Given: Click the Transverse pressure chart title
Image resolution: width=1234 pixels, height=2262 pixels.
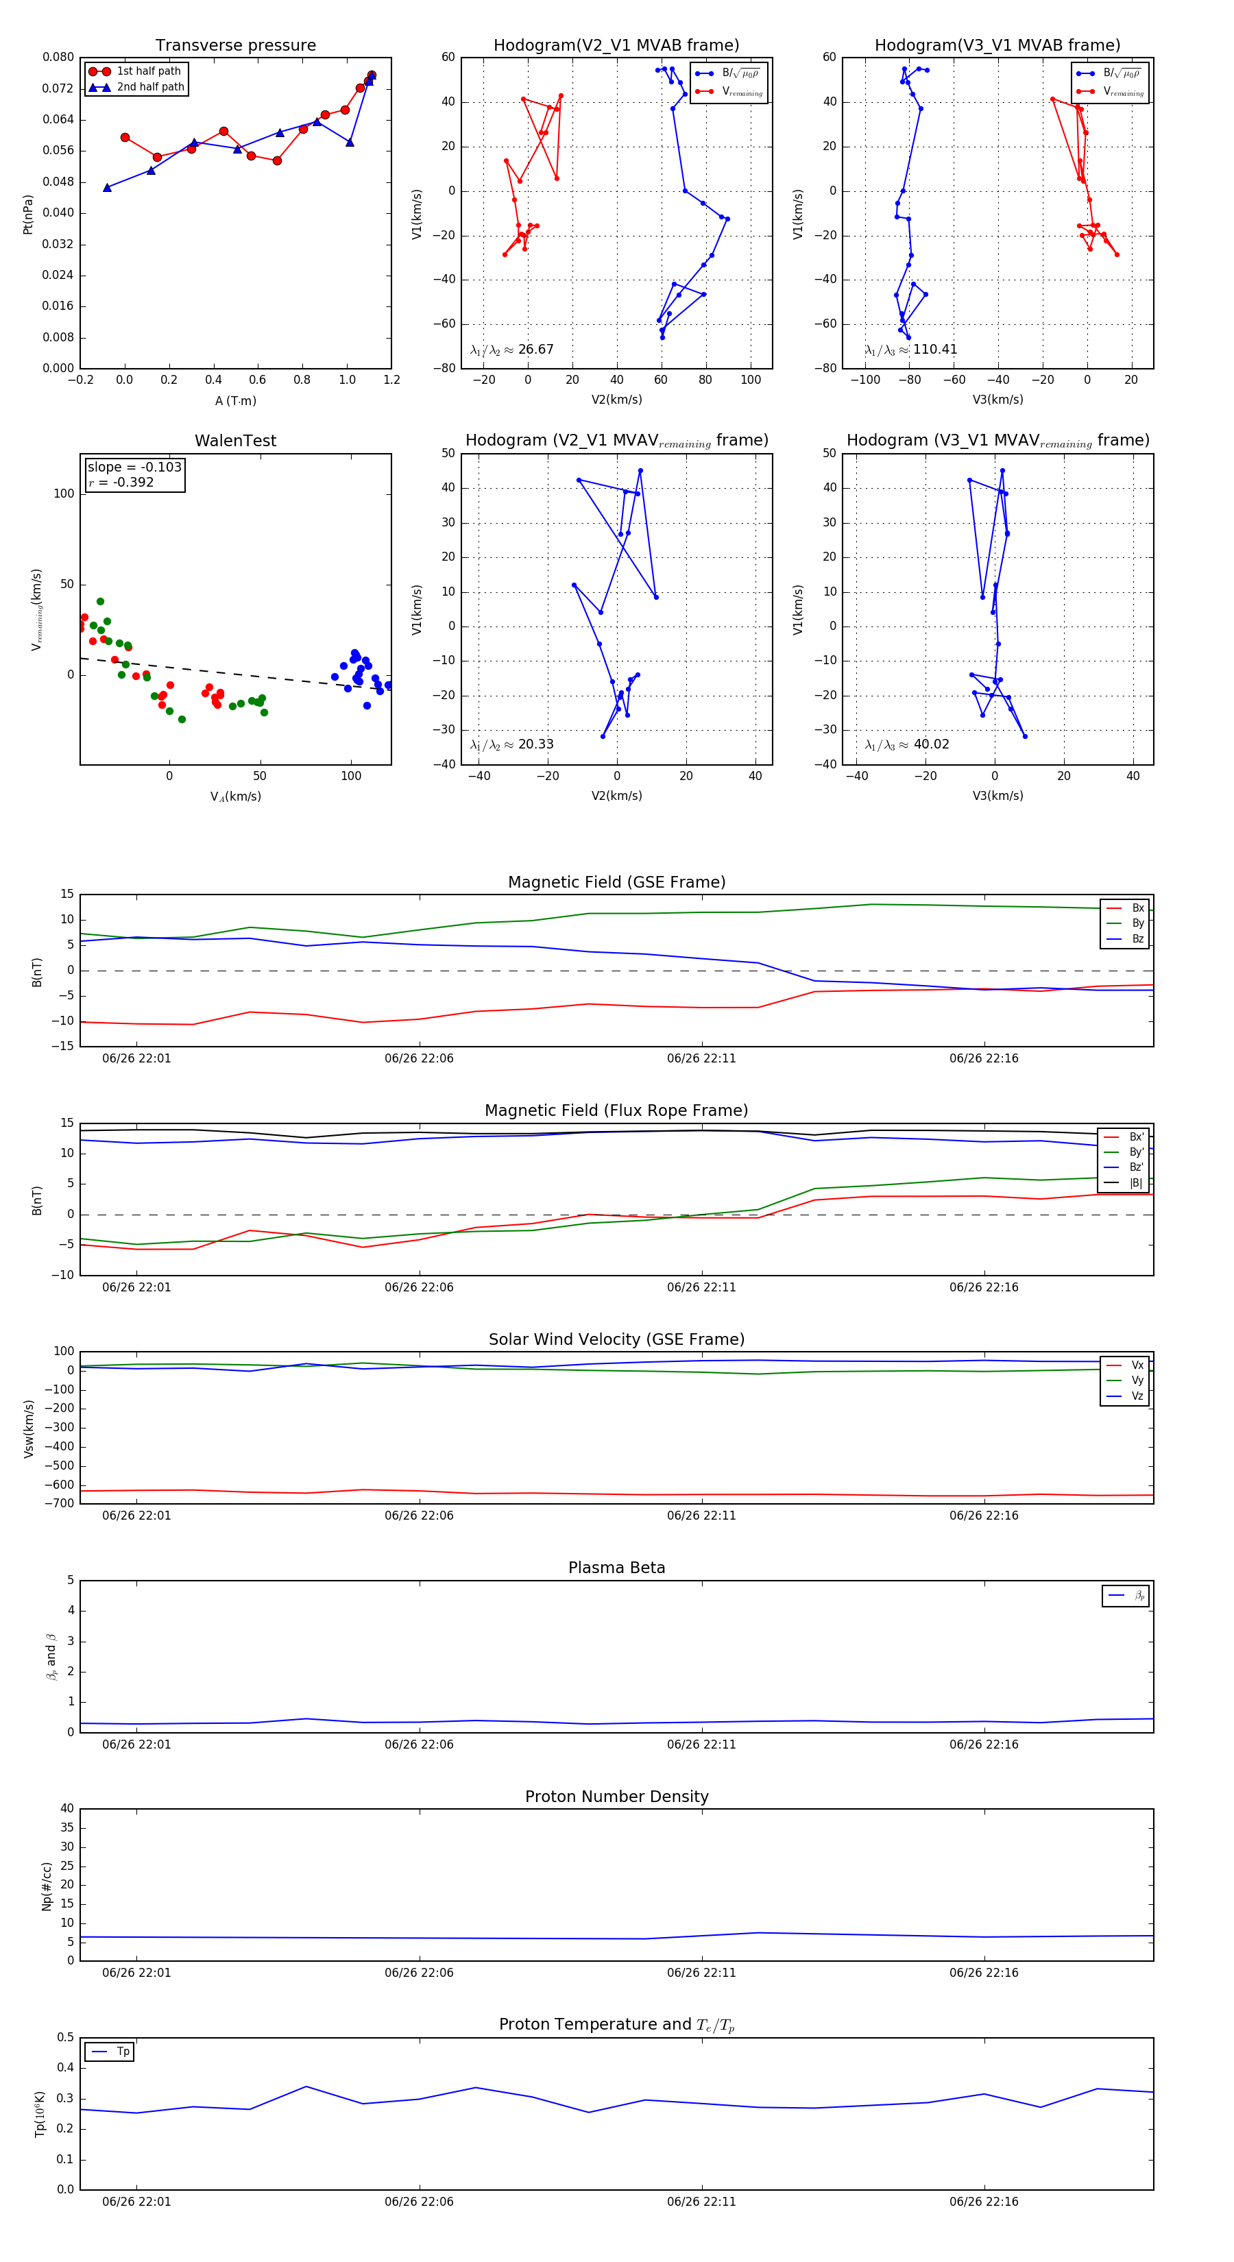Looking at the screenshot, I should tap(235, 46).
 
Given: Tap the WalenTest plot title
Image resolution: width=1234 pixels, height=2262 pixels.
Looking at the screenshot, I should tap(235, 441).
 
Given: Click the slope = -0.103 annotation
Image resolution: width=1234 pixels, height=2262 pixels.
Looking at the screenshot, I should tap(134, 467).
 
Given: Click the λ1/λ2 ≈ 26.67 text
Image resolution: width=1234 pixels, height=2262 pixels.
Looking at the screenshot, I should tap(512, 350).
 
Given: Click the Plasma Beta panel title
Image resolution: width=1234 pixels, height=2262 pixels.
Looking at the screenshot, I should tap(616, 1568).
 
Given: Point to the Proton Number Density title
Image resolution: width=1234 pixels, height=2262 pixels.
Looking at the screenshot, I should tap(616, 1797).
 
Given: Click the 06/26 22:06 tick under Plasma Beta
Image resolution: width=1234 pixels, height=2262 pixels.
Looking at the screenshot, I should tap(419, 1744).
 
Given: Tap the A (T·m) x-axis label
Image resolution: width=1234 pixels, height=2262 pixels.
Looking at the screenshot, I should tap(235, 401).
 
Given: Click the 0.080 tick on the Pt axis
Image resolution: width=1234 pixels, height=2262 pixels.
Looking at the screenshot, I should tap(58, 57).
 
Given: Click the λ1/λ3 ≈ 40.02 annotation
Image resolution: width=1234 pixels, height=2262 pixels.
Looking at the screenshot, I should tap(907, 744).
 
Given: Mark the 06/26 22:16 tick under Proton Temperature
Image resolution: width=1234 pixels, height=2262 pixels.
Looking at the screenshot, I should tap(984, 2202).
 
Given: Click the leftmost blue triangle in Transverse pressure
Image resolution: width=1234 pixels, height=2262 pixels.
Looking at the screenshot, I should tap(107, 187).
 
